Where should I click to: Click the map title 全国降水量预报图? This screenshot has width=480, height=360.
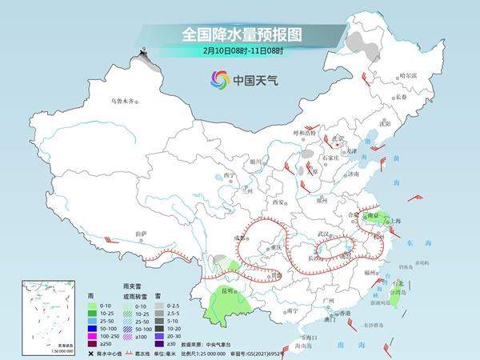tap(239, 34)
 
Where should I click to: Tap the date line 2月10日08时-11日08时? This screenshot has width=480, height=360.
tap(239, 50)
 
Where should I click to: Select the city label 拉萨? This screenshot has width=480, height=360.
tap(142, 234)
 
